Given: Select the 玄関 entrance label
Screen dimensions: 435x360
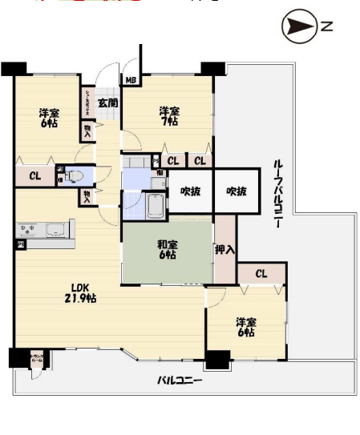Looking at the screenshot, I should point(108,103).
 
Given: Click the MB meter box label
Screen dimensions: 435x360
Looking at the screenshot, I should point(129,79).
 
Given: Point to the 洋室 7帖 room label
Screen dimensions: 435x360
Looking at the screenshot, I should point(168,116).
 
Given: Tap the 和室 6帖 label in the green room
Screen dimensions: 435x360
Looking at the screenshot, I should point(168,250).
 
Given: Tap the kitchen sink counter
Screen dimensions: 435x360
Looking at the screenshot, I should point(46,231).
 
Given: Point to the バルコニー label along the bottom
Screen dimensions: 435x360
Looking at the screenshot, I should point(179,381).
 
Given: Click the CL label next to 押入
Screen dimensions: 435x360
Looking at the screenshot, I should point(261,274).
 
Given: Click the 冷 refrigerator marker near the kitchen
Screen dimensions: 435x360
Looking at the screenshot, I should point(22,244).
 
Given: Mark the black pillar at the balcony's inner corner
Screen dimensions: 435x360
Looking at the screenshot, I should point(216,360).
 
